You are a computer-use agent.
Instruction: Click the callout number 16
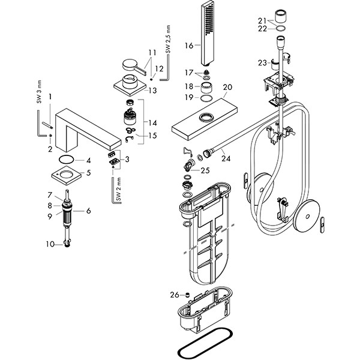point(189,46)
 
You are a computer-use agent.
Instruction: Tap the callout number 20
point(226,88)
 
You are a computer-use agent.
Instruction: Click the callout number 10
point(50,244)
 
